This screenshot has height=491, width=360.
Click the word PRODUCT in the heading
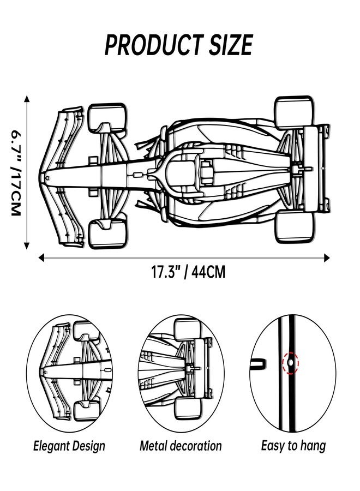click(154, 45)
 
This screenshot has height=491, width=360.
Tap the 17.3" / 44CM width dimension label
click(188, 272)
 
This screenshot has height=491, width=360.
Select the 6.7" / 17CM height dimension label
click(16, 172)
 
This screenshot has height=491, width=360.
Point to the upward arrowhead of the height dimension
click(27, 99)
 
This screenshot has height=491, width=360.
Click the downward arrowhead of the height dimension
click(27, 246)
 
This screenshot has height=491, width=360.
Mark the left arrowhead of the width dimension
click(41, 258)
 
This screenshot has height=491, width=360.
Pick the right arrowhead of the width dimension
click(327, 258)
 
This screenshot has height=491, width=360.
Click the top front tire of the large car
click(107, 117)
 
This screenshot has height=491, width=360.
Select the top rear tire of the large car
click(294, 112)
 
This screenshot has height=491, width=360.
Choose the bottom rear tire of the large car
click(295, 227)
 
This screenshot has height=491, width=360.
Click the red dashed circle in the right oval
click(291, 363)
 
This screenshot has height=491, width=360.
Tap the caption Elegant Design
click(69, 446)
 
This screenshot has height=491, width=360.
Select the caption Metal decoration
click(181, 446)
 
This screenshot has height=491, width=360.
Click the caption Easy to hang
click(293, 446)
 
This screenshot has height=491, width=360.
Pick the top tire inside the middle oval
click(187, 330)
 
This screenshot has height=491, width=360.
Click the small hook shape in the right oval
click(258, 364)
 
